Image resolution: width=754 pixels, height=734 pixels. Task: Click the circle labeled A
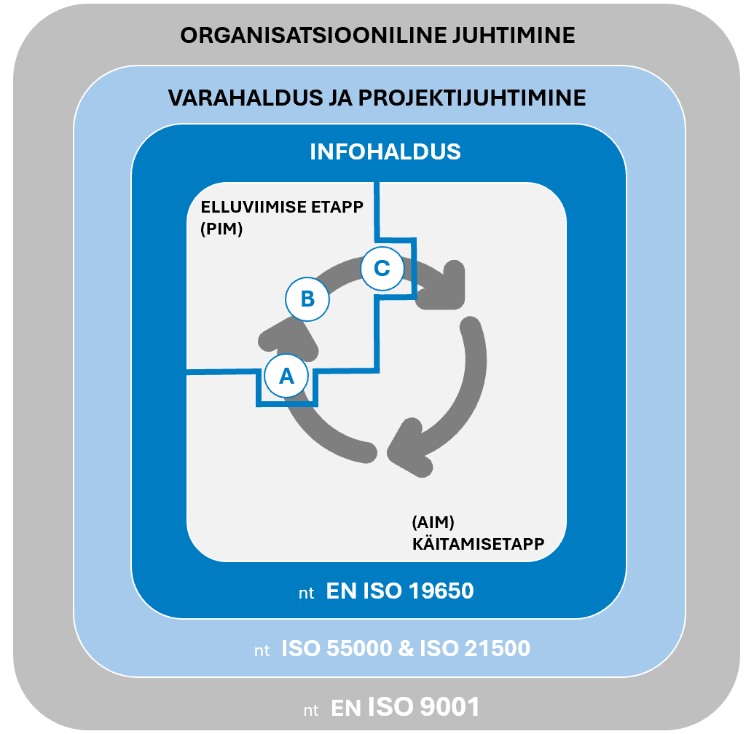(286, 376)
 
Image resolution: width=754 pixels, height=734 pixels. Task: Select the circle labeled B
(307, 299)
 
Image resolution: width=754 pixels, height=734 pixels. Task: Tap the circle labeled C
(382, 268)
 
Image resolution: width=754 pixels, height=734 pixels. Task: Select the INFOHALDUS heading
(385, 151)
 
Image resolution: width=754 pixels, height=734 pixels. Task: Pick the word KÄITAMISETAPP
(477, 543)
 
